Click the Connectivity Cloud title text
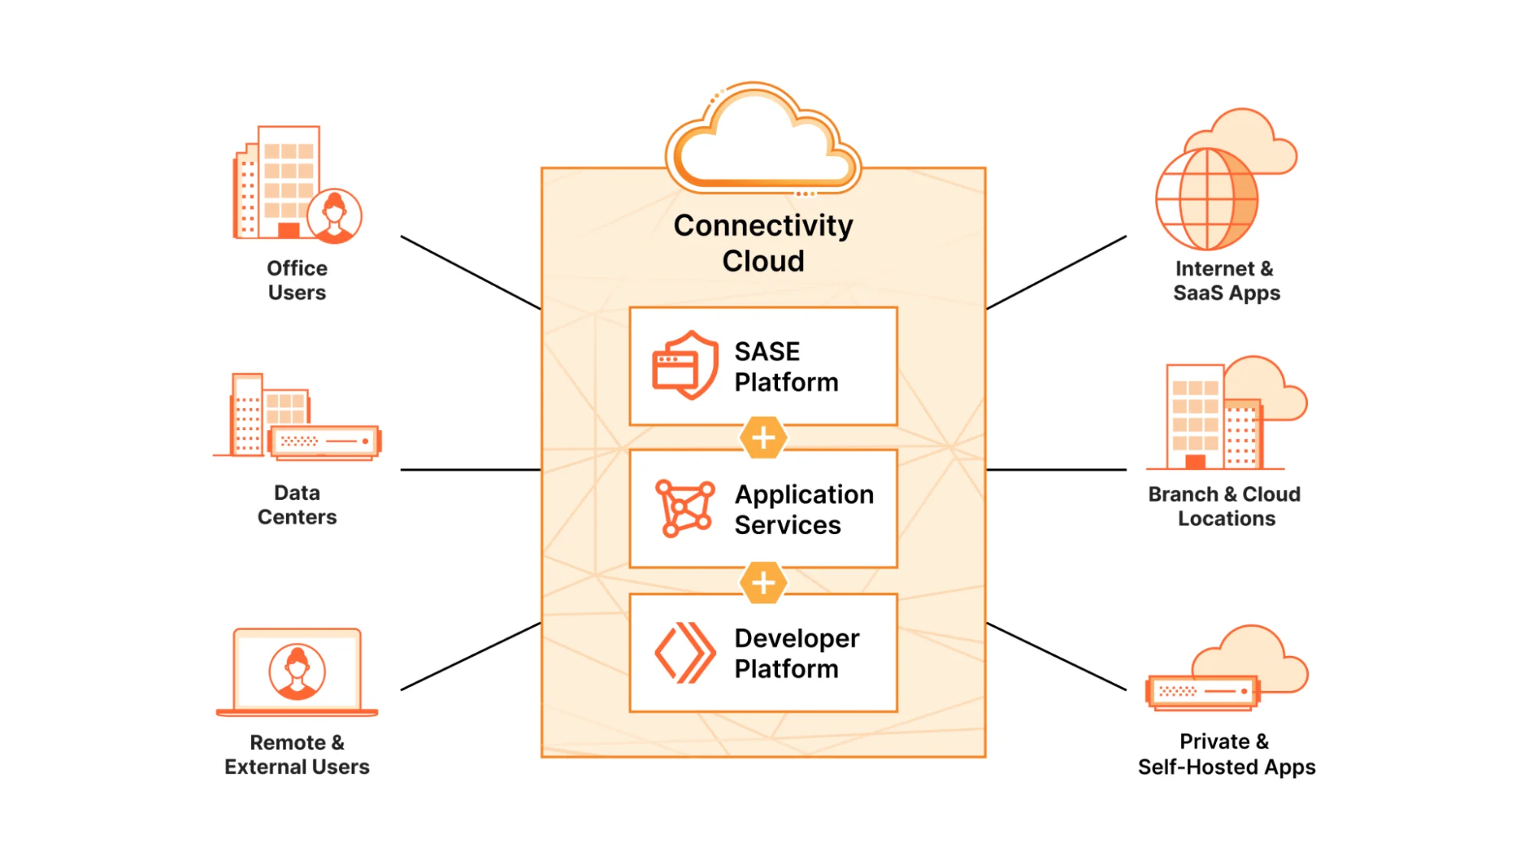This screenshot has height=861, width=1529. click(x=763, y=243)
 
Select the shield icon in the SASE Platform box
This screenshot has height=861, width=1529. click(x=685, y=365)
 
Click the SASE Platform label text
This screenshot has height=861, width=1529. click(x=786, y=367)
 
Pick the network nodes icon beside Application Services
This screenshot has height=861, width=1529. click(x=685, y=508)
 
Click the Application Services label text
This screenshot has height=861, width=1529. click(x=803, y=510)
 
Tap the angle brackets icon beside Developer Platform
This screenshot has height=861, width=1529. click(x=685, y=653)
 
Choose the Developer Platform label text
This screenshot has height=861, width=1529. click(x=796, y=653)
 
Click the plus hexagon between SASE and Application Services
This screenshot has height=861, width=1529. click(x=763, y=438)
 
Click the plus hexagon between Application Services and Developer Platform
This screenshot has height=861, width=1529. click(x=763, y=582)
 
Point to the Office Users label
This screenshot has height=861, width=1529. click(x=297, y=280)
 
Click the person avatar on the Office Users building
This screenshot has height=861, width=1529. click(x=334, y=216)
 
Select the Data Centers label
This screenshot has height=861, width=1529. click(x=297, y=504)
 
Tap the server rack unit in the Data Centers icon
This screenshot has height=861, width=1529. click(x=325, y=442)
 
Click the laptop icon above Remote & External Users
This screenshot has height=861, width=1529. click(x=297, y=673)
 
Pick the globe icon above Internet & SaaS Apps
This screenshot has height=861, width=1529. click(x=1206, y=199)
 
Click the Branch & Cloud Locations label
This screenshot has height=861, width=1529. click(x=1225, y=506)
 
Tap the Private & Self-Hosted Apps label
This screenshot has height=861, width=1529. click(x=1226, y=754)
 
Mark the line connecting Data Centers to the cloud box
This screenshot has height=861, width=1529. click(x=470, y=469)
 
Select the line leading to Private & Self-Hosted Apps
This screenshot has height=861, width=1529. click(x=1056, y=657)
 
